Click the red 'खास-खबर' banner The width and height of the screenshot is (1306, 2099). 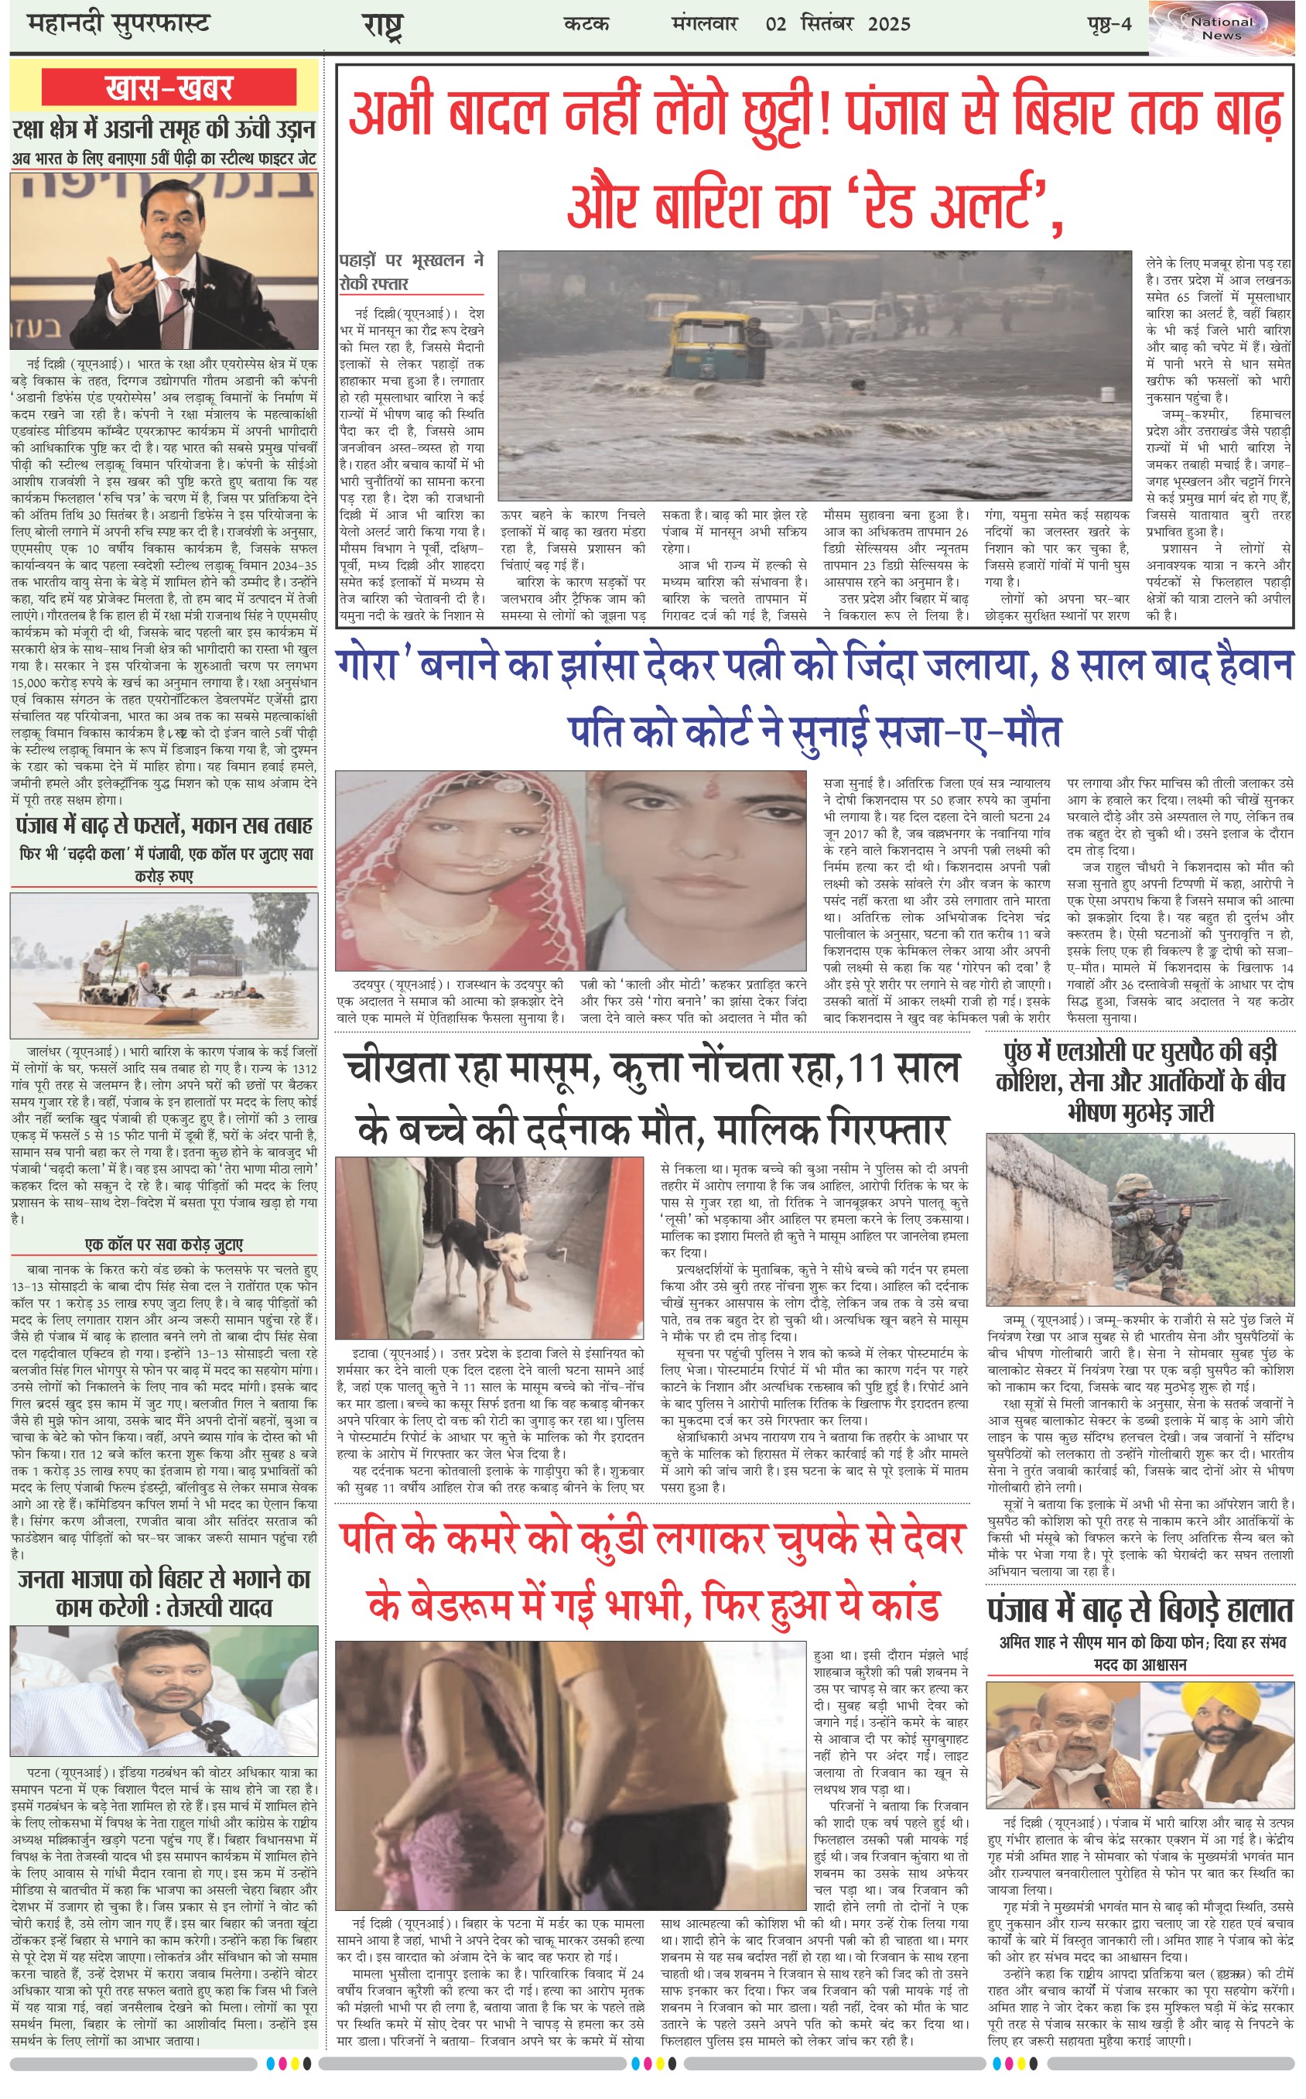tap(169, 88)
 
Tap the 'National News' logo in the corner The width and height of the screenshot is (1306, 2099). tap(1222, 29)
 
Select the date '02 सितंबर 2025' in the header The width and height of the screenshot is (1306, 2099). tap(837, 24)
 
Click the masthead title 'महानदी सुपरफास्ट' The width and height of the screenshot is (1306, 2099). tap(118, 23)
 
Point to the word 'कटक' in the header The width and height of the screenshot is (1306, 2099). tap(586, 24)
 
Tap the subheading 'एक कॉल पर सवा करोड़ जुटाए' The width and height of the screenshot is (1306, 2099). tap(164, 1245)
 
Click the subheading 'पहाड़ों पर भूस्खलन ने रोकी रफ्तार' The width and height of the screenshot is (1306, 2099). tap(410, 271)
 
